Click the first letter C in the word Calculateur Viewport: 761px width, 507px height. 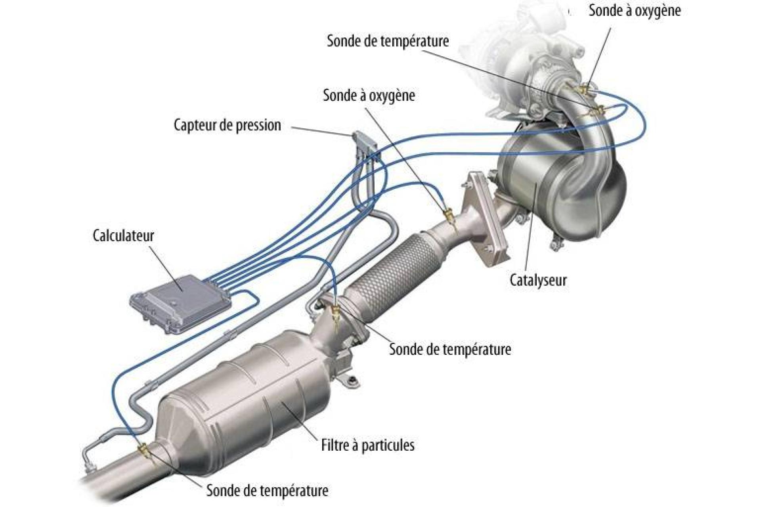(x=96, y=235)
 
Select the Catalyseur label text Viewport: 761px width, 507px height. (x=538, y=280)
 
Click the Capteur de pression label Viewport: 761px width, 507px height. (x=228, y=125)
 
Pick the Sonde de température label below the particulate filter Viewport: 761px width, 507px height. (x=267, y=490)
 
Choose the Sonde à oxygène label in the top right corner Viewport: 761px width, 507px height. (x=635, y=11)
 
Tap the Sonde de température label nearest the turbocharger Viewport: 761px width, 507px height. (x=388, y=41)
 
